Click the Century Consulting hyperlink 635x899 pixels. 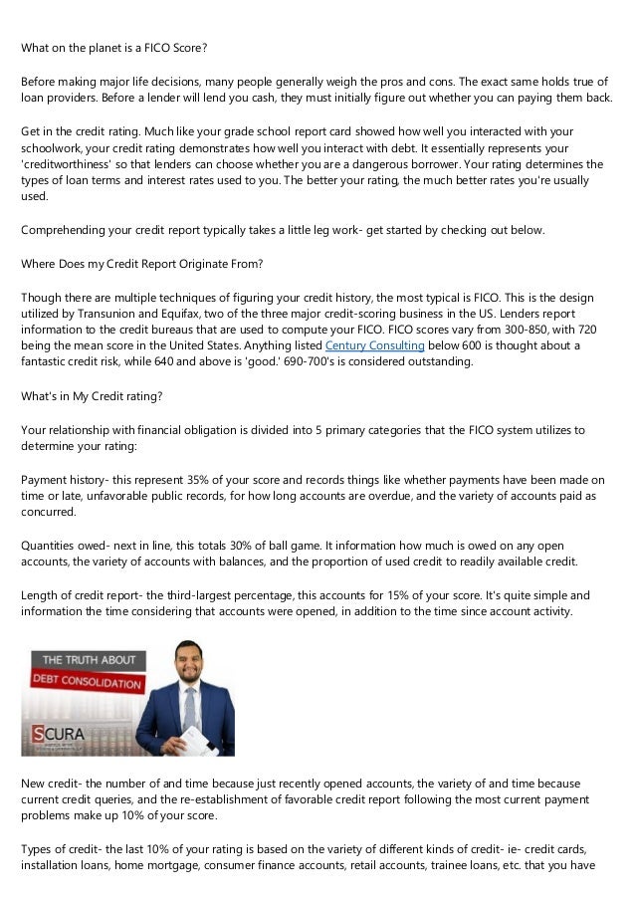(x=375, y=345)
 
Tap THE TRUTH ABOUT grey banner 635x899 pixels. (x=86, y=659)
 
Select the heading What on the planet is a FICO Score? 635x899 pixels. (x=114, y=47)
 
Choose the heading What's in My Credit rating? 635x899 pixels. (x=93, y=395)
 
